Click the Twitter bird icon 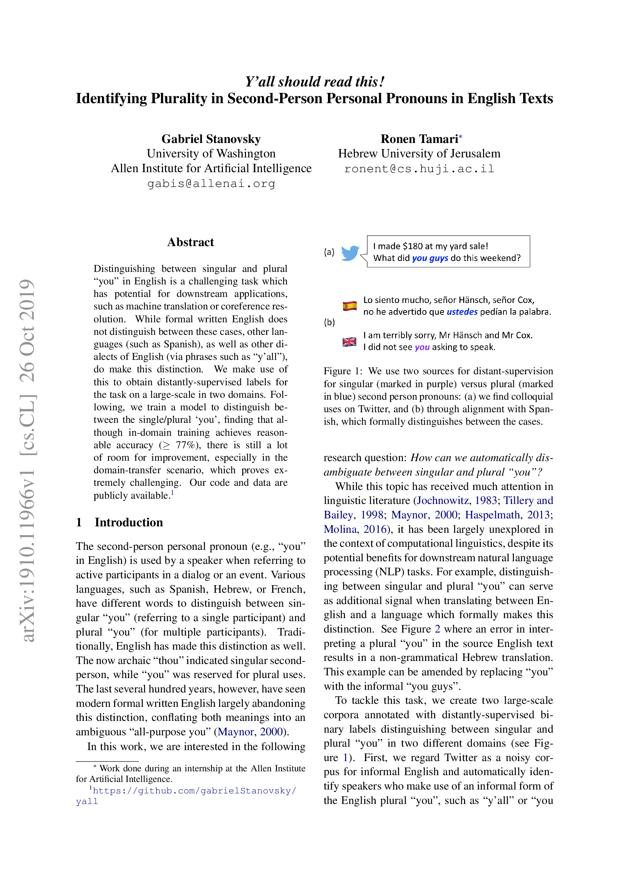(x=350, y=253)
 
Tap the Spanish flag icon (x=350, y=306)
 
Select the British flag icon (x=350, y=342)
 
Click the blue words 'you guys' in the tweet (x=430, y=258)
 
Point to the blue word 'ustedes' (x=462, y=312)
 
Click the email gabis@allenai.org (x=211, y=184)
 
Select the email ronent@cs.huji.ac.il (x=419, y=169)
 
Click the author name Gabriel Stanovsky (x=211, y=139)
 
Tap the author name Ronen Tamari (x=419, y=139)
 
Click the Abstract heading (x=190, y=242)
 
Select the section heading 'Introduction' (x=129, y=522)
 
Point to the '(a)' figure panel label (x=329, y=252)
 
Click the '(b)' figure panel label (x=329, y=322)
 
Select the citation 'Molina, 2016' (x=355, y=529)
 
